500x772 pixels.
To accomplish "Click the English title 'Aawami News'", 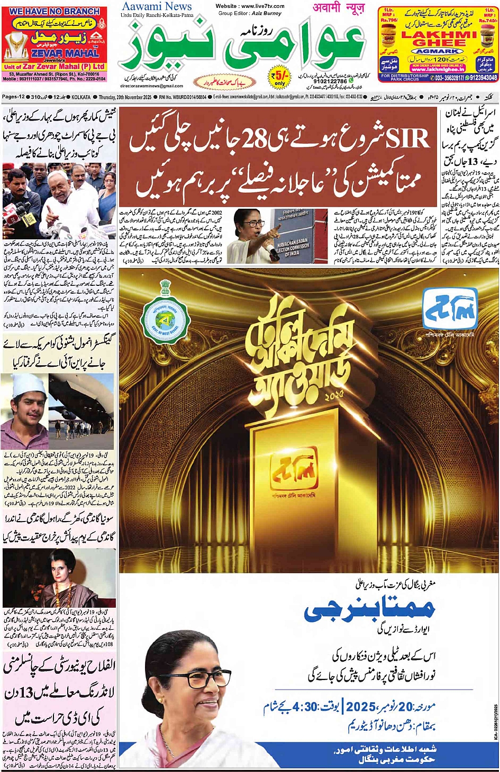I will [157, 7].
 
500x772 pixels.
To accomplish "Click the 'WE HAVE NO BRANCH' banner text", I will [54, 11].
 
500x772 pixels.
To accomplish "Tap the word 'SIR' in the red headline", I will [407, 139].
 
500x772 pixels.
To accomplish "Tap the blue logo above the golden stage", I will [450, 309].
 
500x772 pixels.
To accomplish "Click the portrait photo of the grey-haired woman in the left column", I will [59, 578].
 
